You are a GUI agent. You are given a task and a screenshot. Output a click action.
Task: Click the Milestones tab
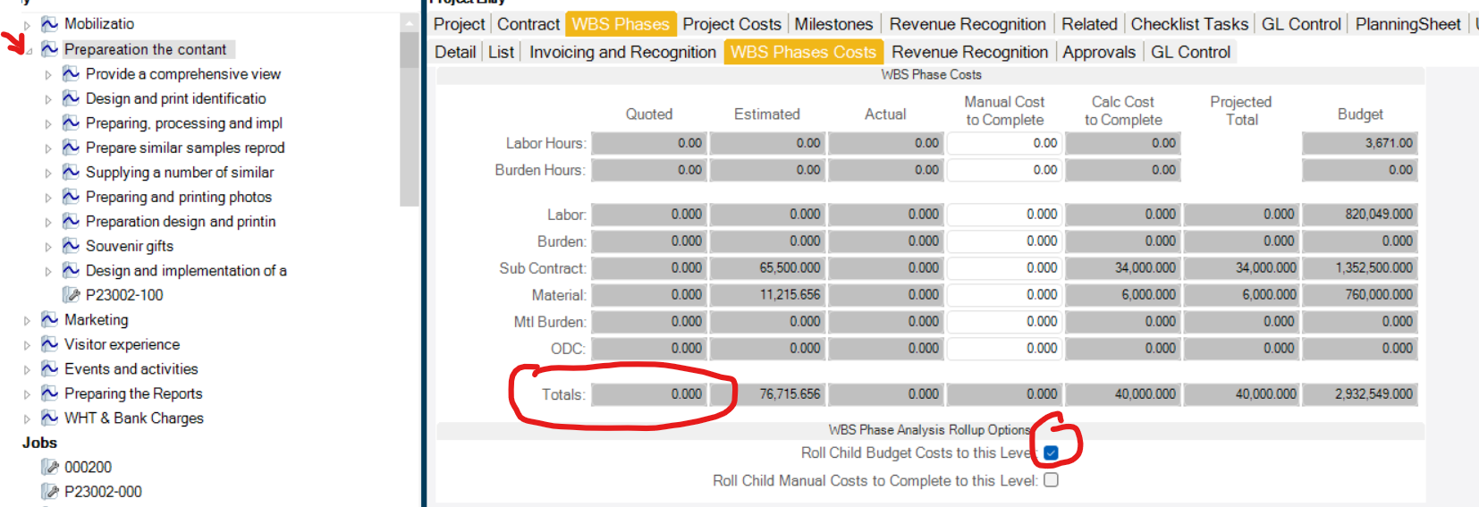tap(833, 24)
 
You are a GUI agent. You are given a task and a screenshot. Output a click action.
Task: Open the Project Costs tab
tap(731, 24)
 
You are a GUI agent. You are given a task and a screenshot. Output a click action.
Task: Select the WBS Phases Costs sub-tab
tap(803, 52)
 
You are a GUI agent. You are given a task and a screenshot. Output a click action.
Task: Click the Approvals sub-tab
tap(1098, 52)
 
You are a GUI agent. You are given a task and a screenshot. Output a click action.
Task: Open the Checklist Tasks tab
tap(1188, 24)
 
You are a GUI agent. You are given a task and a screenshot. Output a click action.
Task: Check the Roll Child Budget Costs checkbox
tap(1051, 453)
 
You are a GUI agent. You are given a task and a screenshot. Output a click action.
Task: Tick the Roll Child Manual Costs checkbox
tap(1051, 480)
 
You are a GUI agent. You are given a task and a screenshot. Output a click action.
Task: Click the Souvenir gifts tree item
tap(129, 246)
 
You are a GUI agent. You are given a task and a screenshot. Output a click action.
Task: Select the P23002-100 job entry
tap(124, 295)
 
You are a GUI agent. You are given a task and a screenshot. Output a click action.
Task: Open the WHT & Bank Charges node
tap(133, 418)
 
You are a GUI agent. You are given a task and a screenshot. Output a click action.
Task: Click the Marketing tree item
tap(96, 319)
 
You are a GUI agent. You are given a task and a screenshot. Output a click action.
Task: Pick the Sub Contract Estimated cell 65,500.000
tap(767, 267)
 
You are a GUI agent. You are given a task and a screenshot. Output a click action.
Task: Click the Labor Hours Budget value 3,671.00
tap(1359, 143)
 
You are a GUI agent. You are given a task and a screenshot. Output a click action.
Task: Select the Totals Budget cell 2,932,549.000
tap(1359, 393)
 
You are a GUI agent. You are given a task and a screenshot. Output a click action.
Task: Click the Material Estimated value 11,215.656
tap(767, 294)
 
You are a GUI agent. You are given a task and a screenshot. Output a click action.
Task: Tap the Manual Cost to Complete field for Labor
tap(1004, 215)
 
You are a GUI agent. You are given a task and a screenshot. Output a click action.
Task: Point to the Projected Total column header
tap(1240, 111)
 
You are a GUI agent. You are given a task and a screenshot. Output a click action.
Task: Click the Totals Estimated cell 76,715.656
tap(767, 393)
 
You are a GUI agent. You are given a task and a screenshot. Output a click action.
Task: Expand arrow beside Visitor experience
tap(27, 345)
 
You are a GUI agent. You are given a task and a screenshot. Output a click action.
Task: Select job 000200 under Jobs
tap(88, 467)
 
